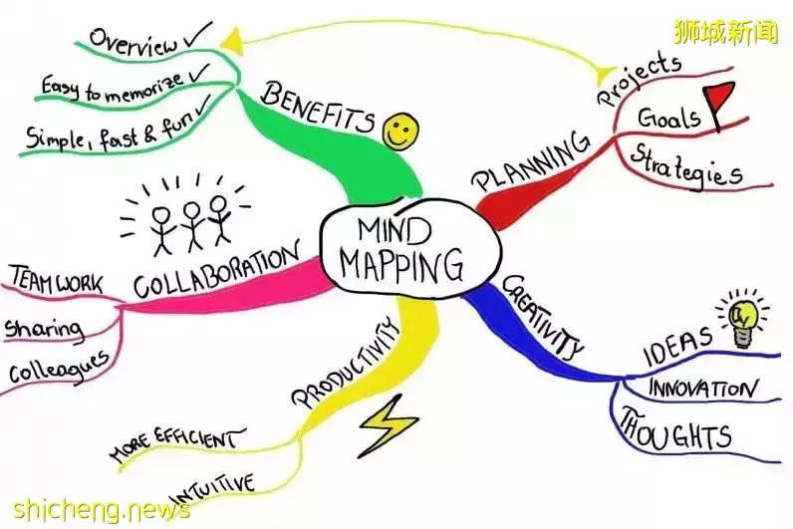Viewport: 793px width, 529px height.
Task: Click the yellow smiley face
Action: [400, 131]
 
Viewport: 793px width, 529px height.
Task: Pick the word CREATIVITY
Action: [542, 316]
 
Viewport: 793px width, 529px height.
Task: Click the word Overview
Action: [134, 43]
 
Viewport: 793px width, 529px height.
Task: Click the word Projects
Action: [640, 80]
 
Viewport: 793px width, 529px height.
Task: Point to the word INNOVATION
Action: [701, 387]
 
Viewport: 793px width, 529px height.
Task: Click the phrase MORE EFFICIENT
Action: [174, 446]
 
